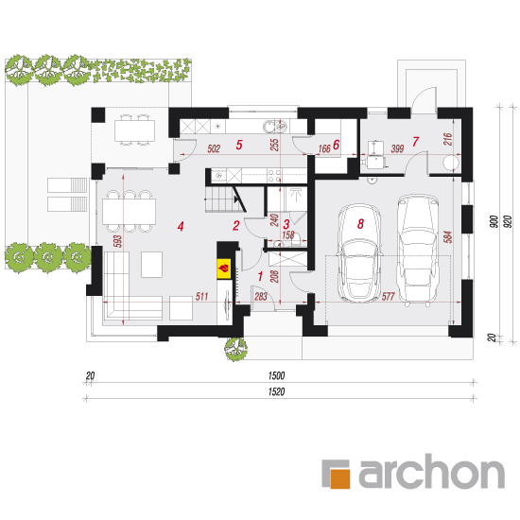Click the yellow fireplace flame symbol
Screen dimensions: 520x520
pyautogui.click(x=224, y=268)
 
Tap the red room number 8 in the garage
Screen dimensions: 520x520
pyautogui.click(x=360, y=224)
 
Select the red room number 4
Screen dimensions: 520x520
pyautogui.click(x=181, y=227)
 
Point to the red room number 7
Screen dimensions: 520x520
pyautogui.click(x=415, y=142)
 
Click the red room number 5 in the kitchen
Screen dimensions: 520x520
pyautogui.click(x=239, y=145)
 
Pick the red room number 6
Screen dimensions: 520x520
pyautogui.click(x=336, y=145)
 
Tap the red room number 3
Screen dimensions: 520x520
pyautogui.click(x=286, y=224)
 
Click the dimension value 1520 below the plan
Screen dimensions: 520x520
pyautogui.click(x=277, y=391)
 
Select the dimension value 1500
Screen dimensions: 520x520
pyautogui.click(x=277, y=375)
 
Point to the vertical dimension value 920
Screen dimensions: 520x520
pyautogui.click(x=508, y=221)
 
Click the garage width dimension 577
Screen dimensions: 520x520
pyautogui.click(x=388, y=296)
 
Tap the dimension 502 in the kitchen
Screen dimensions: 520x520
pyautogui.click(x=214, y=148)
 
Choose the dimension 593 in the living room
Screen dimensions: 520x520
pyautogui.click(x=117, y=241)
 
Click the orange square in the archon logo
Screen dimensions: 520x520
pyautogui.click(x=340, y=478)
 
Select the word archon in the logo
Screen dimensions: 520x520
pyautogui.click(x=431, y=471)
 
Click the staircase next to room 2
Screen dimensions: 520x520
pyautogui.click(x=225, y=199)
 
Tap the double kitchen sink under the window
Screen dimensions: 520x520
pyautogui.click(x=275, y=127)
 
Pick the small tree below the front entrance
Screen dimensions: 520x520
pyautogui.click(x=235, y=349)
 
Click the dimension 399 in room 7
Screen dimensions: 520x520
pyautogui.click(x=397, y=148)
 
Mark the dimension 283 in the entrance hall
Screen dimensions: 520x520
pyautogui.click(x=261, y=296)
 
